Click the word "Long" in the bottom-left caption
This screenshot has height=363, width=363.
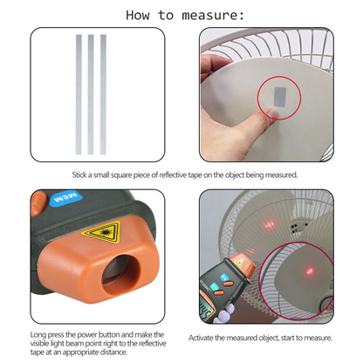point(38,333)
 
